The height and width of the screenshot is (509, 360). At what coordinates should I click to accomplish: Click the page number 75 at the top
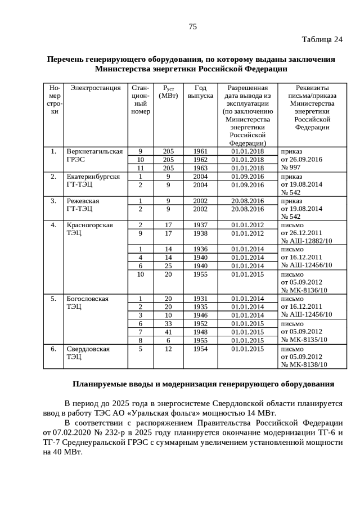point(192,26)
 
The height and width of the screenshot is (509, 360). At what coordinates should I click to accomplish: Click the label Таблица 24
point(322,39)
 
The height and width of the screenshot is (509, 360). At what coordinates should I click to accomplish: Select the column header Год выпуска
point(200,92)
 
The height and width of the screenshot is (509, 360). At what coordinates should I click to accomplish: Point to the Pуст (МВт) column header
point(168,92)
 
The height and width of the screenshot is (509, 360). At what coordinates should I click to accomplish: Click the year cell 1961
point(200,151)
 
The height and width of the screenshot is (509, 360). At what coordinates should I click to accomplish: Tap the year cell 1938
point(200,233)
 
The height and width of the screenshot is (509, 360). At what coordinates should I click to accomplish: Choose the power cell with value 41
point(168,332)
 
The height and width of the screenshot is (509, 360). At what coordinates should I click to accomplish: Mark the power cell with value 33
point(168,323)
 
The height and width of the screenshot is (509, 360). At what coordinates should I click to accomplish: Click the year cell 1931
point(200,299)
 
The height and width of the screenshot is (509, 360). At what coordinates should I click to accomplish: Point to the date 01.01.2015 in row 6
point(247,349)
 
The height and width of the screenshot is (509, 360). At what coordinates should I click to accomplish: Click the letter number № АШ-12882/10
point(306,241)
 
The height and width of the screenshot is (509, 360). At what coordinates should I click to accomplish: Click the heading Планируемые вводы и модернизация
point(203,384)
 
